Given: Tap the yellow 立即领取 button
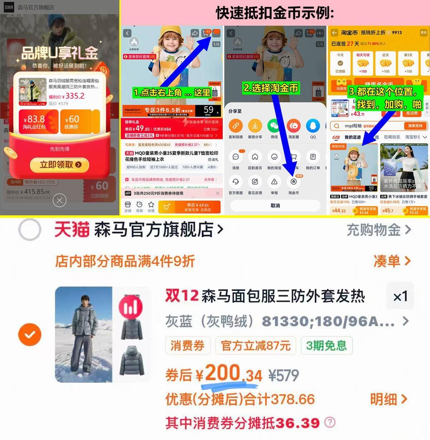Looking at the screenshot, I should click(x=60, y=165).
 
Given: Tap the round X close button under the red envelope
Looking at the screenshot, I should click(x=59, y=200).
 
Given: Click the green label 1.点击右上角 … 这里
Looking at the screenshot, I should click(x=172, y=93).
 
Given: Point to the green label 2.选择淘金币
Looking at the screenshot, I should click(x=271, y=88).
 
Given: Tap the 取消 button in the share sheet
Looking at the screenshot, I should click(x=275, y=206).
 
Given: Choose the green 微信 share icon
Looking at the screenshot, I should click(x=274, y=126).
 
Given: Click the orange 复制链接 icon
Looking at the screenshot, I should click(x=235, y=126).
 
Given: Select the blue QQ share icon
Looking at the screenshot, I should click(x=313, y=126).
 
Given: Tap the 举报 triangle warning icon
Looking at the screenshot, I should click(x=274, y=182).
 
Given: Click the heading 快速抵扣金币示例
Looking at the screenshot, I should click(x=275, y=13).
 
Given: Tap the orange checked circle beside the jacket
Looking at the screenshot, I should click(x=30, y=334).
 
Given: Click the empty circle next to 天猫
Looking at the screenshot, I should click(x=30, y=230).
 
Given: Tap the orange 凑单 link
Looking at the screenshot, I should click(x=391, y=261).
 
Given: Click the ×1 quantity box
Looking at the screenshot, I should click(x=400, y=296).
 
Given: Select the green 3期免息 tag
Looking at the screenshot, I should click(x=326, y=346).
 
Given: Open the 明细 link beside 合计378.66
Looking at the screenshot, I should click(x=388, y=399).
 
